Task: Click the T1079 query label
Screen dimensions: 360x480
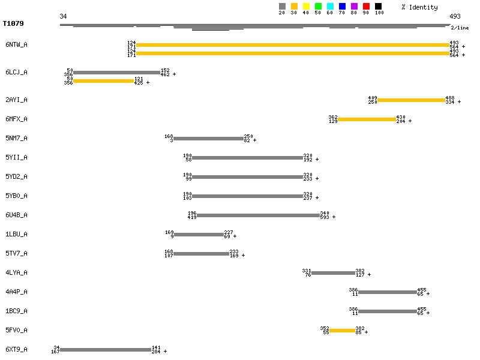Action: coord(14,24)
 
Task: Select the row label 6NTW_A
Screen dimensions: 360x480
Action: coord(16,44)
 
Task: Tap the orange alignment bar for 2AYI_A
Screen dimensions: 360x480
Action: coord(411,100)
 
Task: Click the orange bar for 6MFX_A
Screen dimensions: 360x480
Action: coord(367,119)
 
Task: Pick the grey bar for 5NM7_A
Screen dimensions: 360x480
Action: coord(208,139)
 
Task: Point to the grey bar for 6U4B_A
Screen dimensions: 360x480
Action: coord(258,215)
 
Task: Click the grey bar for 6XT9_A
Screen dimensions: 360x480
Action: coord(106,350)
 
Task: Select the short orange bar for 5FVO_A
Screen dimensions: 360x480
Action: coord(342,331)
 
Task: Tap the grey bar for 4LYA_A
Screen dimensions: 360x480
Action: coord(333,273)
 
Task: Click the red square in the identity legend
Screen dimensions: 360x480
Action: coord(366,7)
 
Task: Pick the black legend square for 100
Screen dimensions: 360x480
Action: coord(378,7)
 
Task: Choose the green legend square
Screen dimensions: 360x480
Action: coord(318,7)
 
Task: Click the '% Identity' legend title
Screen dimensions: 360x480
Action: coord(419,7)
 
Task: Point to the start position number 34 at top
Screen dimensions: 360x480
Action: coord(63,16)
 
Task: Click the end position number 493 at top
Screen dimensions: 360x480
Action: coord(455,16)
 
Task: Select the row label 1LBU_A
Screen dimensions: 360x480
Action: coord(16,234)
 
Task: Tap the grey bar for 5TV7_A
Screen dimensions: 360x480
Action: coord(201,254)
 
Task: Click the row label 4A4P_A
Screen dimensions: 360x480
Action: coord(16,292)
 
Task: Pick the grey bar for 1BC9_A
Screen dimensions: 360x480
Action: coord(387,311)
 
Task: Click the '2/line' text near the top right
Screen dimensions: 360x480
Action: coord(460,28)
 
